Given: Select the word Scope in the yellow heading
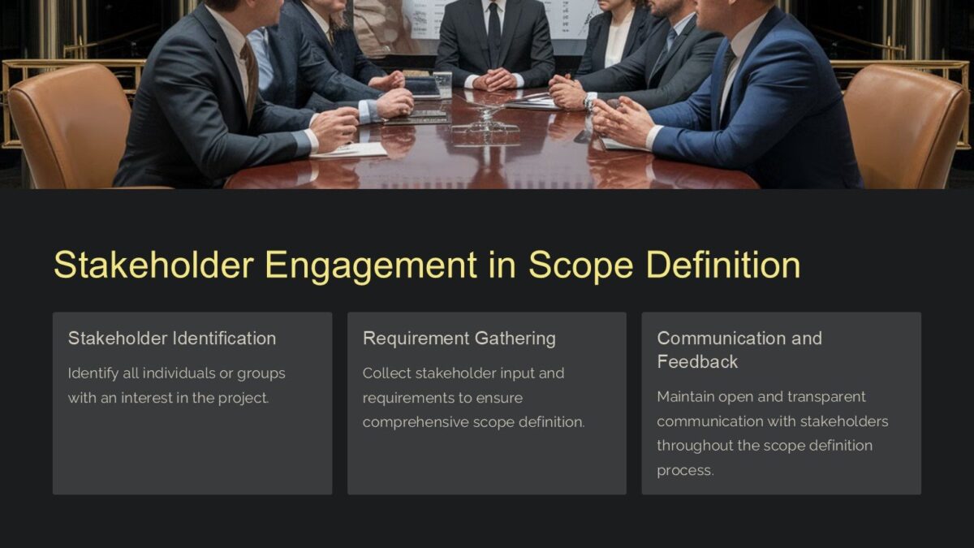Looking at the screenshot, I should [580, 265].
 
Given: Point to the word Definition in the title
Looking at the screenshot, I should [724, 265].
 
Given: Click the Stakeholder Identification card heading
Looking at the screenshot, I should [172, 339].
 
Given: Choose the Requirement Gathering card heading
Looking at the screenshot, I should [459, 339].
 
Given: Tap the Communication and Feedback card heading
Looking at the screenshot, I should [739, 350].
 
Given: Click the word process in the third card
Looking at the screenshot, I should [684, 470].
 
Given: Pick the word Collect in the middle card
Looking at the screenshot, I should [386, 373].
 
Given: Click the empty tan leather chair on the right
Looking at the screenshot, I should [909, 126].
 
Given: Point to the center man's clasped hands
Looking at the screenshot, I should [494, 79].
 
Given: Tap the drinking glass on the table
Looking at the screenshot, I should [442, 84].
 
